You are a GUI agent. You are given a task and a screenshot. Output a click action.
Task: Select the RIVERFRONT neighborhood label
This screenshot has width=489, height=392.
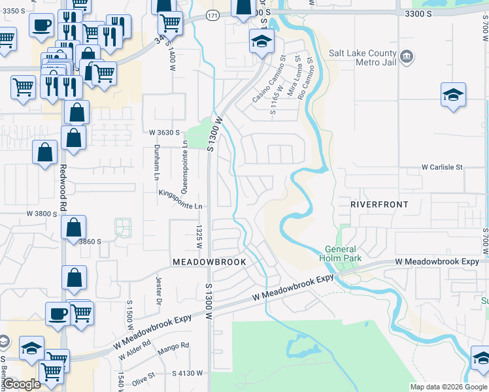379,204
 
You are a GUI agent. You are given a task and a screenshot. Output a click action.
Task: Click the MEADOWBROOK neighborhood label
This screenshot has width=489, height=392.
209,262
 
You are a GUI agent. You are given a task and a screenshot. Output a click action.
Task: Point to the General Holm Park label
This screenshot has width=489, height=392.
340,253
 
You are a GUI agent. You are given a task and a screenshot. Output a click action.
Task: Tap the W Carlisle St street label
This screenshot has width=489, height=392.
442,167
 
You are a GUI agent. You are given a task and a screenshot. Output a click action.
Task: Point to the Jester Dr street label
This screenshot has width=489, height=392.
158,291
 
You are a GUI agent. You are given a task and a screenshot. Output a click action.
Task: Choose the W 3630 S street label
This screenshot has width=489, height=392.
164,133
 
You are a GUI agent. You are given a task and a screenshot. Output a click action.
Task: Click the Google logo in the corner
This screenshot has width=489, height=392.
22,384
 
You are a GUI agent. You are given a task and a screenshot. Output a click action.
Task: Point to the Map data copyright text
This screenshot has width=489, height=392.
448,387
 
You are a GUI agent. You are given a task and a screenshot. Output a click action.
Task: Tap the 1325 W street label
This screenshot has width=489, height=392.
199,237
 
